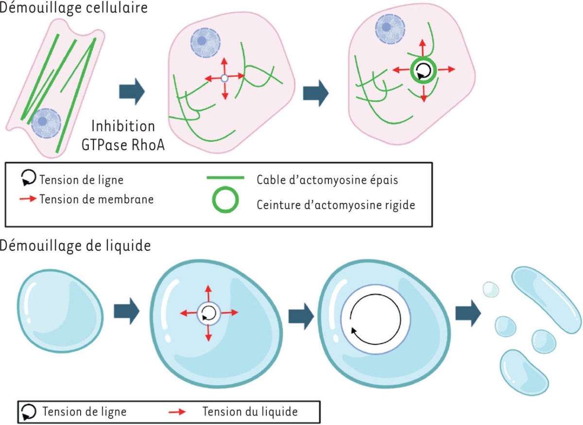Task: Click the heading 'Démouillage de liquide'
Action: click(75, 245)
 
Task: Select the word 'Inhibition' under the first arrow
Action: click(123, 126)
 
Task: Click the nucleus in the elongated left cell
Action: click(45, 123)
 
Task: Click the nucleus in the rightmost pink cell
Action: click(387, 28)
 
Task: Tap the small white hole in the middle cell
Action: click(224, 78)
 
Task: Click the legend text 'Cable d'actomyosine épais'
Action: click(327, 179)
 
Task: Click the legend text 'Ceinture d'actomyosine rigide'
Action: click(336, 205)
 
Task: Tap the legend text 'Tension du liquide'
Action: click(250, 411)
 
